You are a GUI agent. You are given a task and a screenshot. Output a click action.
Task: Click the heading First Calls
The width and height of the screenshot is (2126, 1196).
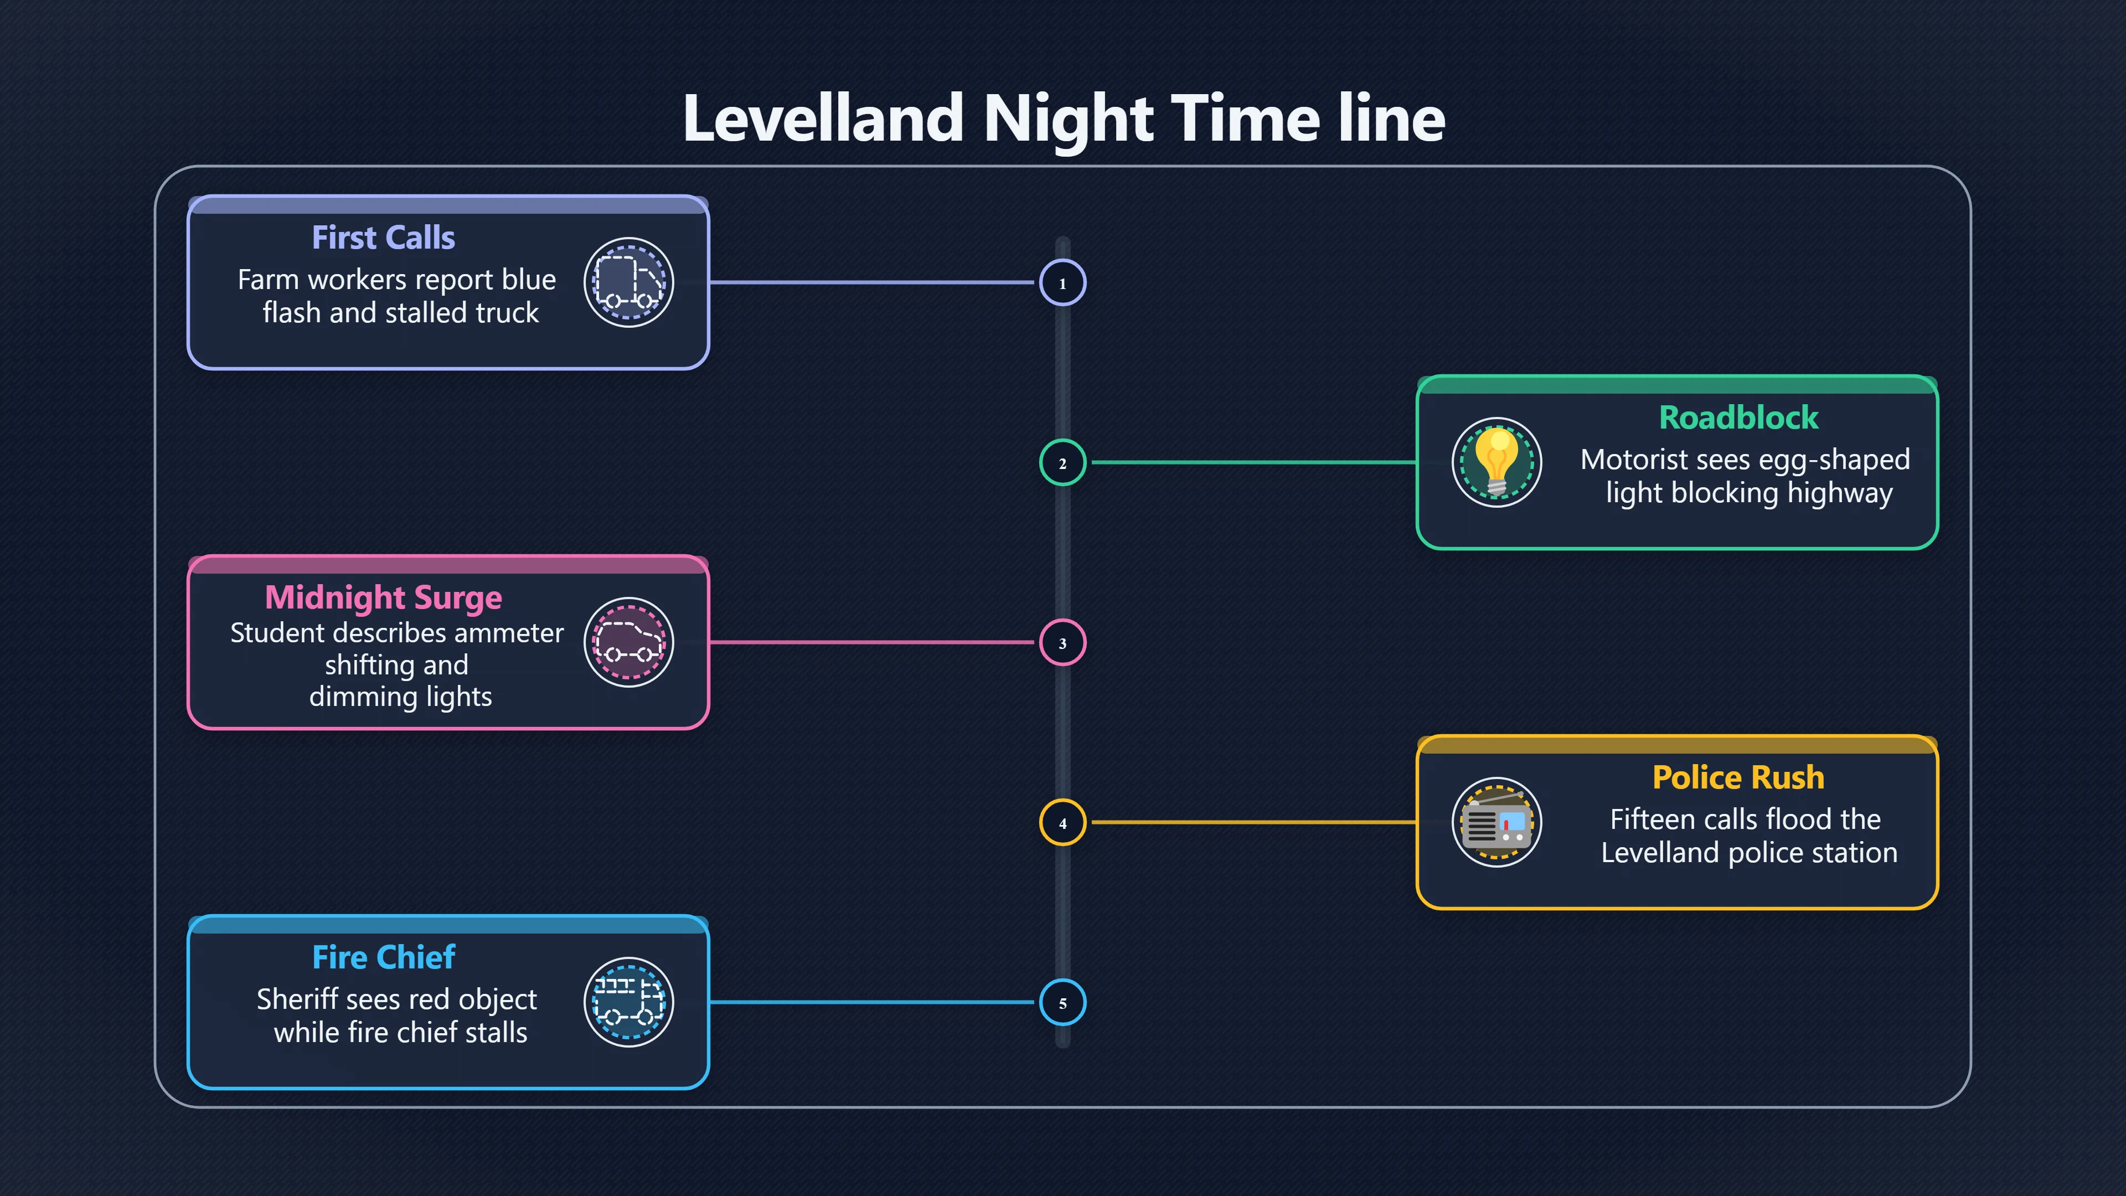point(384,238)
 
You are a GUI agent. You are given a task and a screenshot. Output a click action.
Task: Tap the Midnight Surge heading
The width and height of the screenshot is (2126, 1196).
point(384,597)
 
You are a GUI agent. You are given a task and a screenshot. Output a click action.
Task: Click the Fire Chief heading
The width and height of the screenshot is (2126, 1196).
point(384,957)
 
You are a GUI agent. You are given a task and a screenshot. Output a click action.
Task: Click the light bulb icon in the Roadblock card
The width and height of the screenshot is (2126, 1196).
point(1497,462)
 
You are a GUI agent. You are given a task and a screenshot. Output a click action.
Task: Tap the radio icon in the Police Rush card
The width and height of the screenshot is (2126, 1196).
point(1497,822)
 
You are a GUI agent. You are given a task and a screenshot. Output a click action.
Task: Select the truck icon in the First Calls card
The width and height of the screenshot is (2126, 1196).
point(629,282)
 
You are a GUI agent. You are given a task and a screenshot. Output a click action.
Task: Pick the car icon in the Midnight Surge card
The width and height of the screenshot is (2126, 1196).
point(629,642)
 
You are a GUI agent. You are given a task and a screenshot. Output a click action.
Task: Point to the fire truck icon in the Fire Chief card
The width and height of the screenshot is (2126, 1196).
point(629,1002)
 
